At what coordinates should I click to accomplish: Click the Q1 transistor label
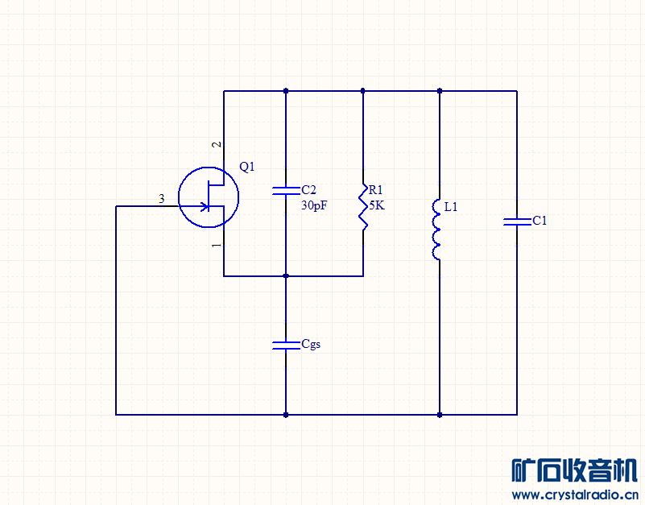click(247, 167)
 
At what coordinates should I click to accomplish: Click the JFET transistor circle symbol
click(209, 197)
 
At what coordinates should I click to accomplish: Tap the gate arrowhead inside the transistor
click(204, 206)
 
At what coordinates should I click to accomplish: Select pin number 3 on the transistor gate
click(162, 199)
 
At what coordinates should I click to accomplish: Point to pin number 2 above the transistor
click(217, 144)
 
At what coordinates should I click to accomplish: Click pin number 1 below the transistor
click(217, 246)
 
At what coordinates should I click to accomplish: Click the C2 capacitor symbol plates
click(286, 191)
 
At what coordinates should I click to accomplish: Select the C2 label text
click(308, 190)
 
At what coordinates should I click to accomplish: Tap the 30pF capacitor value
click(314, 205)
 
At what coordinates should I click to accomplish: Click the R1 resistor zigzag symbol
click(363, 207)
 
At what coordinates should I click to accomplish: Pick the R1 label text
click(375, 190)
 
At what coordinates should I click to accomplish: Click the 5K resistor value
click(377, 205)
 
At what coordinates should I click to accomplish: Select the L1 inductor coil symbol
click(436, 230)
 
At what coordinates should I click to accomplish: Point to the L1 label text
click(451, 207)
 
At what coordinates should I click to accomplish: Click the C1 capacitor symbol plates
click(517, 221)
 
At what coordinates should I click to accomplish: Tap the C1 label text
click(540, 221)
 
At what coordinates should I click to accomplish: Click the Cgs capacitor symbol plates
click(286, 346)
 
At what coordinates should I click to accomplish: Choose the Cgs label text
click(311, 344)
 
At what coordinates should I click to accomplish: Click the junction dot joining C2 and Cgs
click(286, 275)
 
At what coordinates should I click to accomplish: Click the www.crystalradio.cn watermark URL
click(575, 495)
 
